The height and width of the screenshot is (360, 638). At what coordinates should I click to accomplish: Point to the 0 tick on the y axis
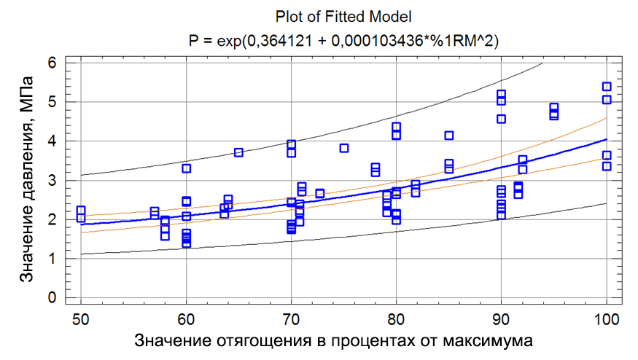(52, 297)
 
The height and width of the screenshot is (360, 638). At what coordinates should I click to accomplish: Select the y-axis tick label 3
(52, 180)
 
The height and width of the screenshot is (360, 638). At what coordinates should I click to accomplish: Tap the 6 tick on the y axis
(52, 63)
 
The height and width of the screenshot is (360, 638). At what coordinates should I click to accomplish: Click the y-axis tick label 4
(52, 141)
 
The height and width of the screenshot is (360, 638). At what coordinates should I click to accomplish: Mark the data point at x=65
(238, 152)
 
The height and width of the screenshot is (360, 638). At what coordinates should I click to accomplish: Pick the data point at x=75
(344, 148)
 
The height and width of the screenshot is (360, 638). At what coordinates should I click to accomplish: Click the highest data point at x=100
(606, 87)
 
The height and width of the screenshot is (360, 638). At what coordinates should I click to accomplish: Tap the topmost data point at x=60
(186, 168)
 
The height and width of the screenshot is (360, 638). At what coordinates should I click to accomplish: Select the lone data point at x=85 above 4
(449, 136)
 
